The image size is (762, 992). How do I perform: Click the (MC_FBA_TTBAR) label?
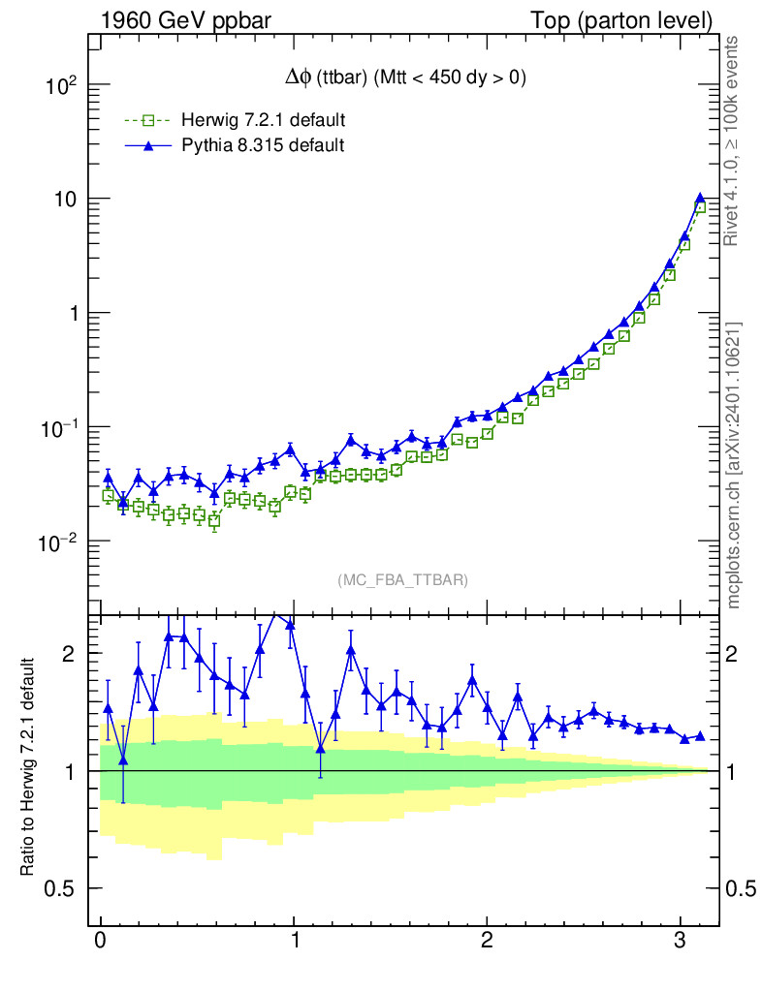pyautogui.click(x=402, y=580)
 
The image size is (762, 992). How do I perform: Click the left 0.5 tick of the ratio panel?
pyautogui.click(x=59, y=889)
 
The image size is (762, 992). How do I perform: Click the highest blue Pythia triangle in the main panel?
pyautogui.click(x=699, y=199)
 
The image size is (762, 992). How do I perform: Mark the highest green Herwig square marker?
pyautogui.click(x=700, y=206)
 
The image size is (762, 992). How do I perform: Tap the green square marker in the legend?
pyautogui.click(x=148, y=121)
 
